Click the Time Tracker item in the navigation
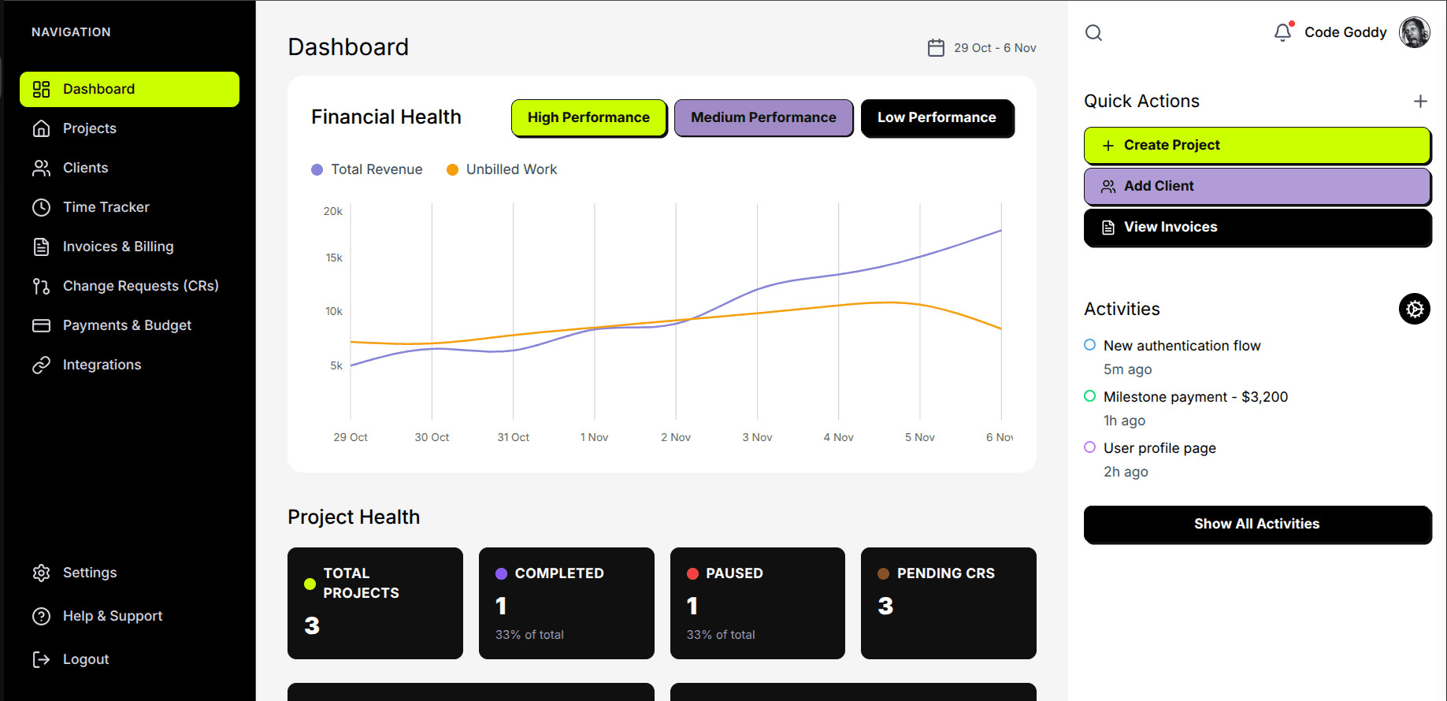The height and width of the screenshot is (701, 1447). tap(106, 207)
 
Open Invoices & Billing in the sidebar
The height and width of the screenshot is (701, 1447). tap(117, 247)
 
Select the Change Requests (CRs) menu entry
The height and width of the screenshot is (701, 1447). tap(140, 286)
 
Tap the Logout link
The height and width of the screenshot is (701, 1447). tap(85, 659)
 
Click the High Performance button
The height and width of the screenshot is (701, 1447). tap(588, 117)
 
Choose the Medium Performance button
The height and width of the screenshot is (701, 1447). tap(763, 117)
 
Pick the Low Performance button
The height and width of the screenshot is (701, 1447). tap(937, 117)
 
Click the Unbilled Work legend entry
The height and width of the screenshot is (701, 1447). tap(510, 169)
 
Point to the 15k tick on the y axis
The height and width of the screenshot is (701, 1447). tap(334, 258)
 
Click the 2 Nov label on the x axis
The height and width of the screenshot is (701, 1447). tap(675, 437)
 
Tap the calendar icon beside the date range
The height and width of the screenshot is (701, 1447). tap(936, 48)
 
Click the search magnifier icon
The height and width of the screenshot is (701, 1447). tap(1093, 32)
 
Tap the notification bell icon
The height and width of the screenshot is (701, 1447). tap(1282, 32)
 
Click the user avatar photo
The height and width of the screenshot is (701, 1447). tap(1414, 32)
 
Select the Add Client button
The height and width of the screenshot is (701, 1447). tap(1257, 186)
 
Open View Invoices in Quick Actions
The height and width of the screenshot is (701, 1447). tap(1257, 227)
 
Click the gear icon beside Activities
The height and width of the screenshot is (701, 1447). tap(1415, 309)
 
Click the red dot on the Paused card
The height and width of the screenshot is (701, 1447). tap(692, 573)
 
